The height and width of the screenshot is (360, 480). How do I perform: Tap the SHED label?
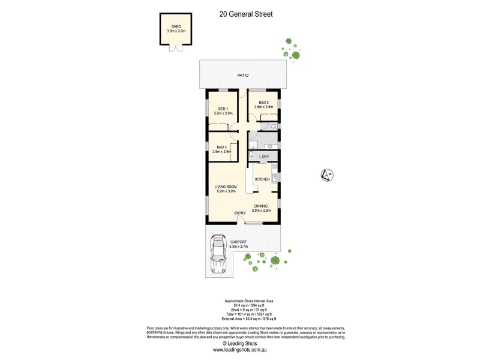point(176,27)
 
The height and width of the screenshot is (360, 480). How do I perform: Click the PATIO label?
point(242,75)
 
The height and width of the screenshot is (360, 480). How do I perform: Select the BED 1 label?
point(223,109)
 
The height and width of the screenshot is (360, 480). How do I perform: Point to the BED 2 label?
point(263,103)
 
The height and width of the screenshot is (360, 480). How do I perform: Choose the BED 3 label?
point(222,147)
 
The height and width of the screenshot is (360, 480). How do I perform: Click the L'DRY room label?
point(264,157)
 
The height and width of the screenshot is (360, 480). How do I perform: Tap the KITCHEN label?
point(263,179)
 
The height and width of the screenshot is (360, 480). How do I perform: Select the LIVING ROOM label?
point(226,187)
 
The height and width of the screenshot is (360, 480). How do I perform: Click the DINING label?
point(260,206)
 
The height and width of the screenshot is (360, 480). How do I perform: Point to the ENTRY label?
point(240,213)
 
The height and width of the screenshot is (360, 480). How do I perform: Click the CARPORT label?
point(238,242)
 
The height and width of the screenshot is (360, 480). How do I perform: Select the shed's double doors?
point(176,50)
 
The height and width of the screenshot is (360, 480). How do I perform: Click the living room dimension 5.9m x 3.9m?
point(226,192)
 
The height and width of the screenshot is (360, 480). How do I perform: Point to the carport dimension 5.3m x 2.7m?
point(238,247)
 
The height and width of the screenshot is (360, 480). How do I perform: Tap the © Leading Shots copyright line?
point(239,344)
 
